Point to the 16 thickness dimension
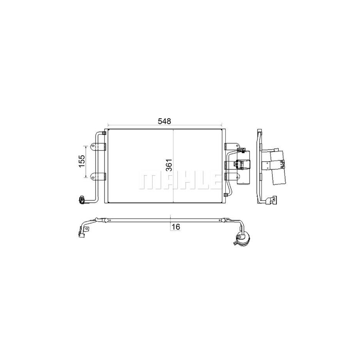point(175,227)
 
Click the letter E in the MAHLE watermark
point(212,181)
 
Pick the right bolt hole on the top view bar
point(228,220)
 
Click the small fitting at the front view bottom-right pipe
point(227,196)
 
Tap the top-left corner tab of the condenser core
point(105,131)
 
